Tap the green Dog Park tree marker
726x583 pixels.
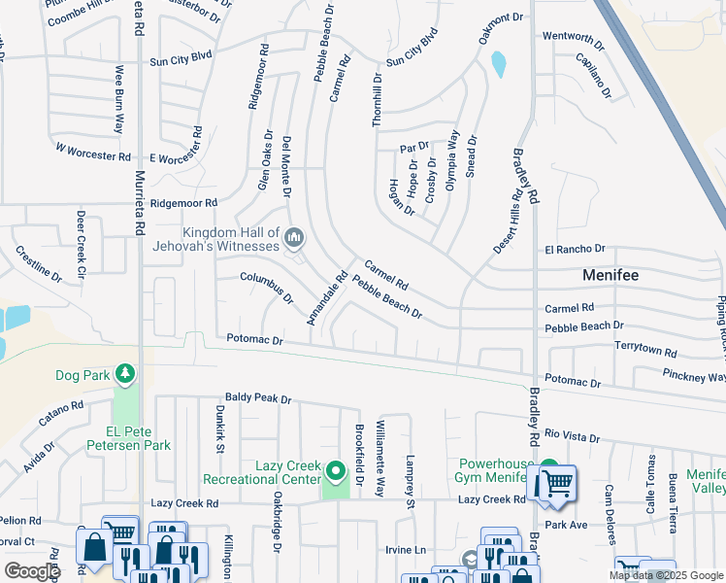click(x=124, y=373)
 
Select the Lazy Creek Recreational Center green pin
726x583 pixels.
click(x=336, y=471)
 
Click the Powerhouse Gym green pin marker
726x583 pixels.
click(x=549, y=468)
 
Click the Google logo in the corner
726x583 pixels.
click(x=32, y=571)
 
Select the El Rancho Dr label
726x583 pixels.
click(x=575, y=249)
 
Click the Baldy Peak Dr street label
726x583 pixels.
click(x=258, y=397)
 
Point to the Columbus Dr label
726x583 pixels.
click(x=267, y=288)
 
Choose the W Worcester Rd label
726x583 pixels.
click(x=92, y=153)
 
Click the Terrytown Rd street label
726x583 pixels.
click(x=645, y=346)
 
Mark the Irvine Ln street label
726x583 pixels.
click(x=407, y=550)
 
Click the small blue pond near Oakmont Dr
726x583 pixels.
click(x=499, y=64)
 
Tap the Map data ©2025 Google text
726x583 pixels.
click(x=667, y=575)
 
